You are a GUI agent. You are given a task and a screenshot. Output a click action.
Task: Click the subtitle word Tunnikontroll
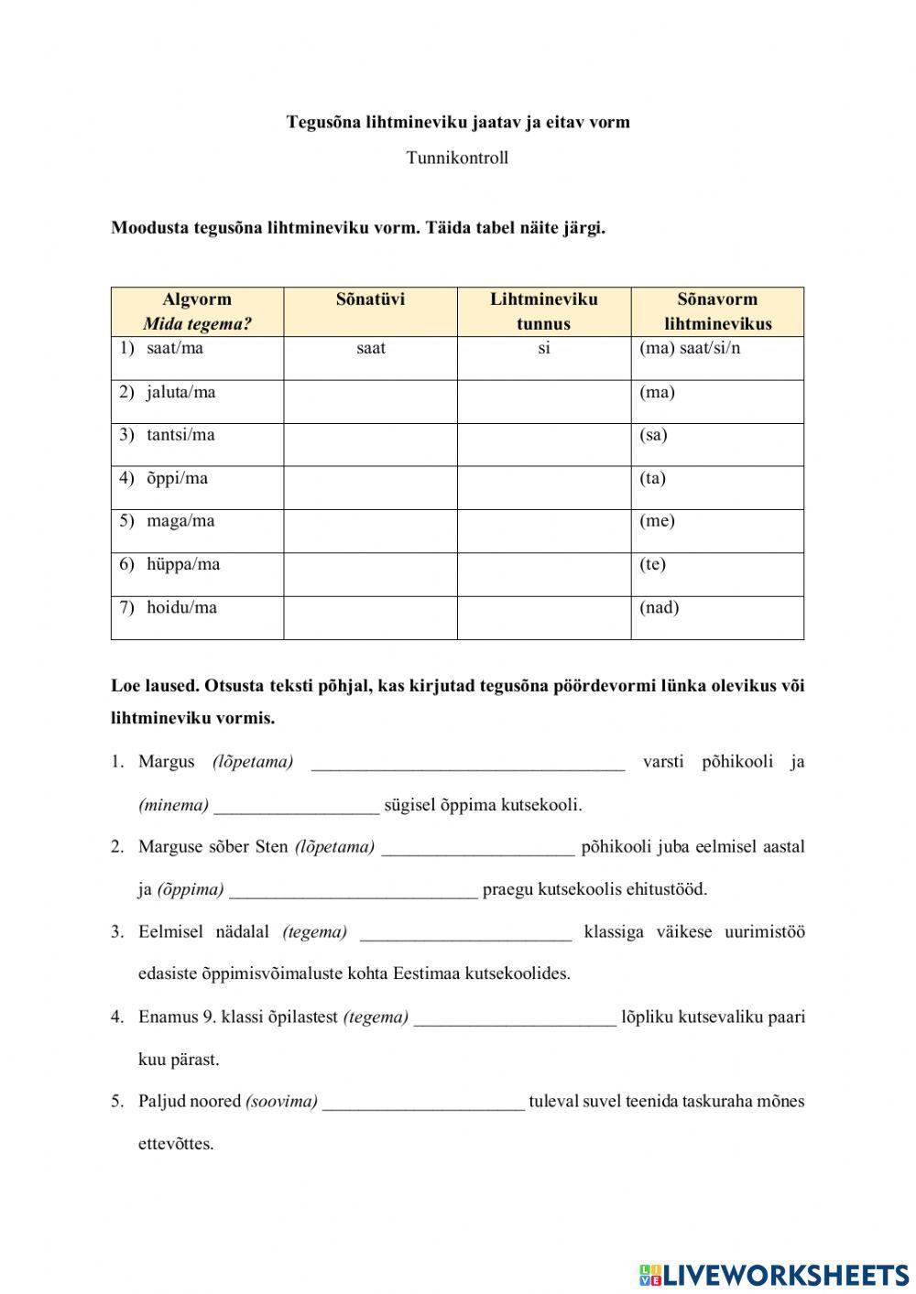457,158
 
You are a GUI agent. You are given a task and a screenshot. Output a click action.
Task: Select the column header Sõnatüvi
370,299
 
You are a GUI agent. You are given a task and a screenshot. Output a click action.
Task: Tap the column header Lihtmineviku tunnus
543,311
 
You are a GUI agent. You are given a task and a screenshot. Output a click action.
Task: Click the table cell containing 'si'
543,349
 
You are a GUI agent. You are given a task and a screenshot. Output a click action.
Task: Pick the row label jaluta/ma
180,393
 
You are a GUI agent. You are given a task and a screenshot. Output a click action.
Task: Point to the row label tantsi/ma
180,435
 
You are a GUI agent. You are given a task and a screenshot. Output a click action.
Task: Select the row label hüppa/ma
183,564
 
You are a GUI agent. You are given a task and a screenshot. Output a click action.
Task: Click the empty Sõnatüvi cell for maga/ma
370,531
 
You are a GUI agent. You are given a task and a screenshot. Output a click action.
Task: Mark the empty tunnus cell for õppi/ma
543,488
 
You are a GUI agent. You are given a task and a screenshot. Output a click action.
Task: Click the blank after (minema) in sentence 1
296,806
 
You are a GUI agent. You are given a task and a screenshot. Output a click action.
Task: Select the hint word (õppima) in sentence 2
191,889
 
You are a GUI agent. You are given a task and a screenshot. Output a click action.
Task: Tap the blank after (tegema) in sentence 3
465,932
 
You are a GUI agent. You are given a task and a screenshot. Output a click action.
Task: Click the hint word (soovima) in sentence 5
281,1102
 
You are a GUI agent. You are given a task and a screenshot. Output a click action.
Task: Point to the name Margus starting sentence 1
167,762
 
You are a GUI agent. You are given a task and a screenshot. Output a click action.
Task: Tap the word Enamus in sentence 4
168,1017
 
